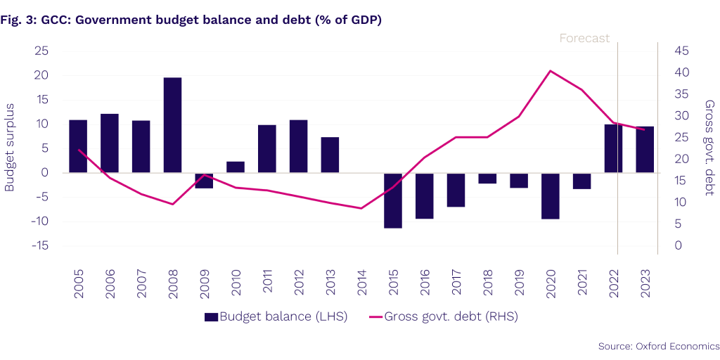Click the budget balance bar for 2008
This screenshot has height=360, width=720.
[x=172, y=125]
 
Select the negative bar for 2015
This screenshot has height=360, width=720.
[x=393, y=200]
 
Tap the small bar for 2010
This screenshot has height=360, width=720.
[x=236, y=167]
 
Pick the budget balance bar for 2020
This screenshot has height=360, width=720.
[x=551, y=196]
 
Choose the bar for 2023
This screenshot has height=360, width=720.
[x=645, y=150]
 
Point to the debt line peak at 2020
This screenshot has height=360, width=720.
[x=550, y=70]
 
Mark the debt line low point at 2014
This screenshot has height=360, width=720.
[x=361, y=208]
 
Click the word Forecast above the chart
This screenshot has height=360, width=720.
[x=584, y=39]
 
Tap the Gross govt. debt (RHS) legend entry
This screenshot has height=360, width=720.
[x=443, y=316]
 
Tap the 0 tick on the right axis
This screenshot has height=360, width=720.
[x=676, y=245]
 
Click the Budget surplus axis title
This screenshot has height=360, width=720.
[x=10, y=147]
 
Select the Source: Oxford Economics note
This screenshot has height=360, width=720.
[x=659, y=346]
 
